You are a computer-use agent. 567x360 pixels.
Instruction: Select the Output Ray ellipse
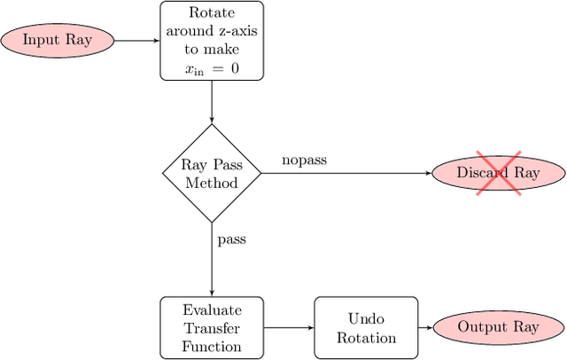(x=498, y=327)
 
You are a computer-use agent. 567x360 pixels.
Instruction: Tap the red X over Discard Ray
(x=499, y=173)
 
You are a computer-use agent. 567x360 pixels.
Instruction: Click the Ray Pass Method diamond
(x=212, y=173)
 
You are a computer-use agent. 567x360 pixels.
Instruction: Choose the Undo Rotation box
(x=366, y=327)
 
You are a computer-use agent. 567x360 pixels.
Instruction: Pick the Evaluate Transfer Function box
(x=212, y=327)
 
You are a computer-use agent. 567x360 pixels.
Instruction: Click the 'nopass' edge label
(x=304, y=160)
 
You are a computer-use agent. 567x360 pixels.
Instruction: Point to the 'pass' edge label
(x=231, y=239)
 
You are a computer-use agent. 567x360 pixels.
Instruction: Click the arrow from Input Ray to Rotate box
(x=137, y=40)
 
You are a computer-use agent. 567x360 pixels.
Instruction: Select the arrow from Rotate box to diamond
(x=212, y=102)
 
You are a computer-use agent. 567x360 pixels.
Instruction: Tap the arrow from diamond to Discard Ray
(x=346, y=173)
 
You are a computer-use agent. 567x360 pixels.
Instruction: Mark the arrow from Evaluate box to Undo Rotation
(x=289, y=327)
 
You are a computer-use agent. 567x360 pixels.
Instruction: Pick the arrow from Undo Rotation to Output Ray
(x=424, y=327)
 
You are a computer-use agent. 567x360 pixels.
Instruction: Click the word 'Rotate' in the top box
(x=212, y=12)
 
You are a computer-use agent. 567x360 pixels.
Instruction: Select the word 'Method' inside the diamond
(x=212, y=183)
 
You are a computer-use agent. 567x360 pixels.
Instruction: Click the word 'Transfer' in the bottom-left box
(x=212, y=327)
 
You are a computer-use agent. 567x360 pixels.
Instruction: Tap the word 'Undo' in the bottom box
(x=366, y=317)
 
